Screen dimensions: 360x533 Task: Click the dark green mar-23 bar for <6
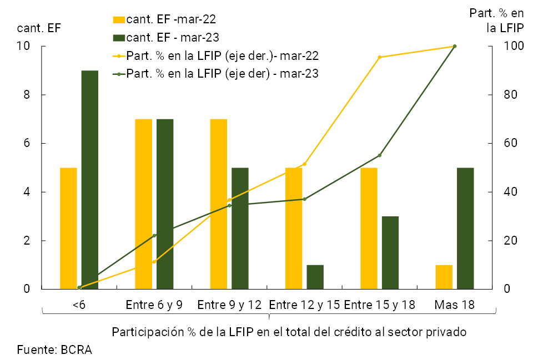coord(90,180)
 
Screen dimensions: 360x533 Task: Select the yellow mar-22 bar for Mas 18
coord(444,277)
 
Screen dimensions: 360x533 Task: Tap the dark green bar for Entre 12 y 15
coord(315,277)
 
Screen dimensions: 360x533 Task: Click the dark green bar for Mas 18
coord(465,228)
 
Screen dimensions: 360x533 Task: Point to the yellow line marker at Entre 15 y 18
coord(379,57)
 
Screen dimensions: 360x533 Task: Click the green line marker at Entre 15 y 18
coord(379,155)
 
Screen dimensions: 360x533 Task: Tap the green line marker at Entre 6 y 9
coord(154,236)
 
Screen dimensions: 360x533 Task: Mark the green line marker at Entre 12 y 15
coord(304,199)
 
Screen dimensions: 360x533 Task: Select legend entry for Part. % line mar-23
coord(222,74)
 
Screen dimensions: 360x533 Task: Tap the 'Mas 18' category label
coord(454,305)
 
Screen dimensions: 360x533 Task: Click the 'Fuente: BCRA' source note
coord(54,349)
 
